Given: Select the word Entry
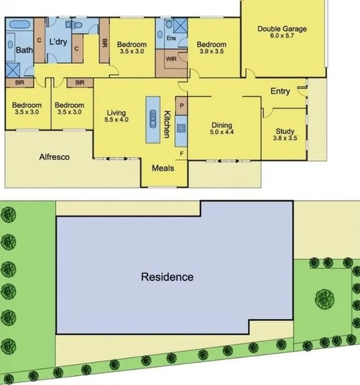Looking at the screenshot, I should pyautogui.click(x=280, y=91).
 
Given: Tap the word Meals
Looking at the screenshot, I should pyautogui.click(x=163, y=168).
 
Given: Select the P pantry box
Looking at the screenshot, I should pyautogui.click(x=182, y=106).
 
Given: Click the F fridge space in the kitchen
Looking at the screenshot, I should pyautogui.click(x=182, y=153).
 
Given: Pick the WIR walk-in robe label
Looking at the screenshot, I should pyautogui.click(x=171, y=58).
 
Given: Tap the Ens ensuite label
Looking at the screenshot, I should pyautogui.click(x=171, y=38).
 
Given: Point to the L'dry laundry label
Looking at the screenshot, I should pyautogui.click(x=57, y=32).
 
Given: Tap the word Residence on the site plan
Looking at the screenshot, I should pyautogui.click(x=167, y=278).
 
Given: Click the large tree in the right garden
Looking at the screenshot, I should pyautogui.click(x=324, y=298).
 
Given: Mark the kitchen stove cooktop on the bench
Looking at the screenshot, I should pyautogui.click(x=182, y=127).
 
